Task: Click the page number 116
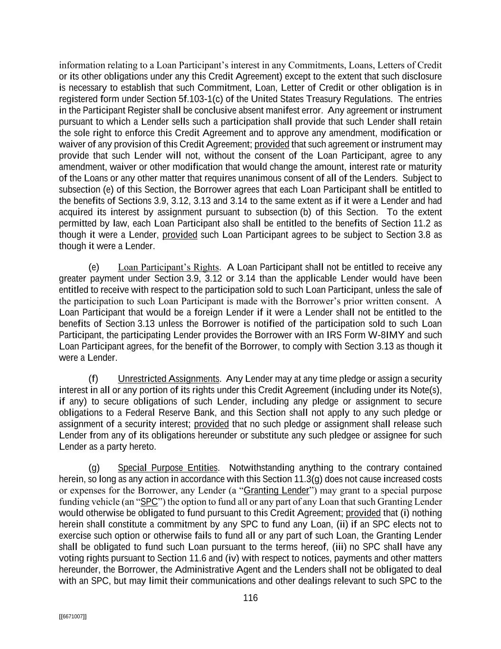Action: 250,598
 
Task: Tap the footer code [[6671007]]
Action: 73,616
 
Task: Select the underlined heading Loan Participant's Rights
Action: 168,267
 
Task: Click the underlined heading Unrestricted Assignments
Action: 168,379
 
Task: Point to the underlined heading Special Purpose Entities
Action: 168,468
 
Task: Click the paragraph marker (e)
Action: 94,267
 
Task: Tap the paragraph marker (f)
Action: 94,379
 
